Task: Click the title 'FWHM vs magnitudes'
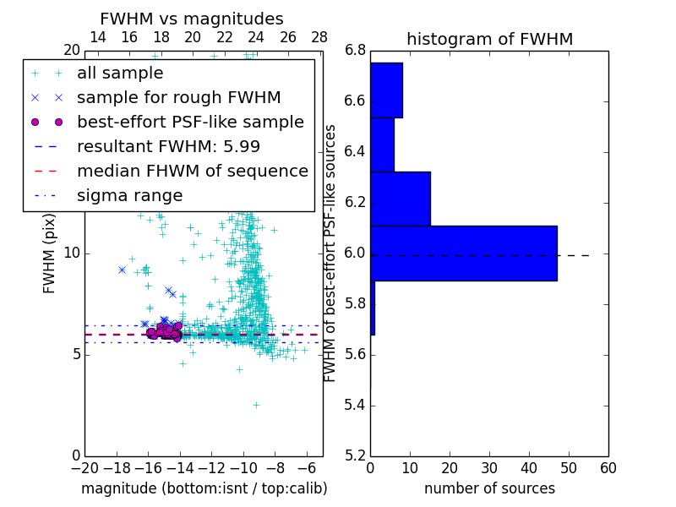pyautogui.click(x=192, y=19)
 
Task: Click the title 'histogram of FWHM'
pyautogui.click(x=489, y=39)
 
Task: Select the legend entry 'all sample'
pyautogui.click(x=120, y=74)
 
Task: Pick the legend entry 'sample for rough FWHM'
pyautogui.click(x=178, y=98)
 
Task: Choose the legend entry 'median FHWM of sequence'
pyautogui.click(x=192, y=172)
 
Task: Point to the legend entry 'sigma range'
pyautogui.click(x=129, y=196)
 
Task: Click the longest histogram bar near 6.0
pyautogui.click(x=463, y=253)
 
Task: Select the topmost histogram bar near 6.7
pyautogui.click(x=386, y=90)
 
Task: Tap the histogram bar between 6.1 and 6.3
pyautogui.click(x=401, y=199)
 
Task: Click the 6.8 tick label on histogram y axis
pyautogui.click(x=355, y=51)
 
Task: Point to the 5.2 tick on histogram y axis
pyautogui.click(x=355, y=455)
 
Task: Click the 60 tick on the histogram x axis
pyautogui.click(x=608, y=468)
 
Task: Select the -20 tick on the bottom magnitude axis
pyautogui.click(x=84, y=468)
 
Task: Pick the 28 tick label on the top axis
pyautogui.click(x=319, y=37)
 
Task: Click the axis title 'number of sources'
pyautogui.click(x=489, y=488)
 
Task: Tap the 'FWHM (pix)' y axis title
pyautogui.click(x=50, y=253)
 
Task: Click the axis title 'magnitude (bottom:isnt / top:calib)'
pyautogui.click(x=204, y=488)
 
